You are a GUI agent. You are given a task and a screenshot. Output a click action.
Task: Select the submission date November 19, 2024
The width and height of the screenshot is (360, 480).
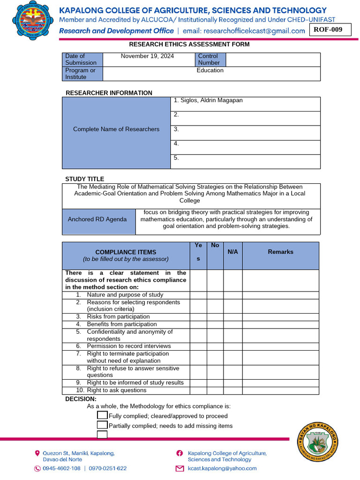(147, 56)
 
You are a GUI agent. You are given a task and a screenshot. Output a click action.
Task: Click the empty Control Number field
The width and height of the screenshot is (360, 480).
(273, 60)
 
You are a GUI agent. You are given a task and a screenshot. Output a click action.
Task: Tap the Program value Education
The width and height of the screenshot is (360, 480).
(210, 70)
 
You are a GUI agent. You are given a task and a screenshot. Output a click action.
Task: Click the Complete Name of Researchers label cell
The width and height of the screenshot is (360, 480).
(116, 129)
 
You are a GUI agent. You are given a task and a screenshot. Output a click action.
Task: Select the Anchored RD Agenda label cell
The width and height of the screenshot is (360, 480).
(97, 219)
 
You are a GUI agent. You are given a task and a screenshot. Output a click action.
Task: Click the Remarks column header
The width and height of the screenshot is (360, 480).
(280, 252)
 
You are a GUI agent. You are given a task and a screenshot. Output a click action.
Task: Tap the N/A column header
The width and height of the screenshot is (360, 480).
(232, 252)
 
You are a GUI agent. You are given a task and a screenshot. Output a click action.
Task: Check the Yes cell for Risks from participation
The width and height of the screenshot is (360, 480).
(198, 317)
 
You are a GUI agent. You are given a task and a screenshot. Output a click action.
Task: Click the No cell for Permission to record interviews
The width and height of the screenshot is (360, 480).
(215, 346)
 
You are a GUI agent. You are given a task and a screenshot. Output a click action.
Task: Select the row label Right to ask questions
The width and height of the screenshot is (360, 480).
(116, 390)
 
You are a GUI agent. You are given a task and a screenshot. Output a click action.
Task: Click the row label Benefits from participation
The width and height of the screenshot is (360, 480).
(121, 324)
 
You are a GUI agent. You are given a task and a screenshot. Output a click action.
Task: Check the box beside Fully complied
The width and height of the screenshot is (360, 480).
(102, 415)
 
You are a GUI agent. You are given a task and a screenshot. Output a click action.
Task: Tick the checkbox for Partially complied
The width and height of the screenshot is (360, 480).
(102, 425)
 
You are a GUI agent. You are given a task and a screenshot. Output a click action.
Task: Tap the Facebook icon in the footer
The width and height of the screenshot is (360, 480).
(180, 453)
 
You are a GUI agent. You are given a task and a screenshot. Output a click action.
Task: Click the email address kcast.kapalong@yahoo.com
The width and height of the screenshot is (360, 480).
(222, 468)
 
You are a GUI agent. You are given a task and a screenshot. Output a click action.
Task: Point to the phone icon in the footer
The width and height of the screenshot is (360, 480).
(37, 468)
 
